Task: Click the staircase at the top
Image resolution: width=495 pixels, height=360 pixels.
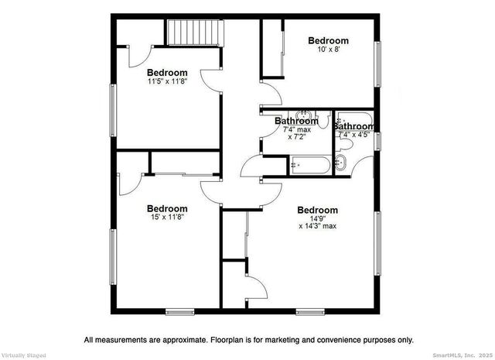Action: (193, 34)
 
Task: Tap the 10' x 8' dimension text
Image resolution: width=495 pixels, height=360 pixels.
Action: (328, 49)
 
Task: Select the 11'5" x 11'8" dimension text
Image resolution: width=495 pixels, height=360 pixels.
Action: (167, 81)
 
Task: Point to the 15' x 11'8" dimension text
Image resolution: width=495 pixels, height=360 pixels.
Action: (167, 217)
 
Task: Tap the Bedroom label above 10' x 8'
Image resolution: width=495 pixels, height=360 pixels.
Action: (328, 40)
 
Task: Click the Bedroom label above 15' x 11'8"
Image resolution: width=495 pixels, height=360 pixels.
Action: (167, 208)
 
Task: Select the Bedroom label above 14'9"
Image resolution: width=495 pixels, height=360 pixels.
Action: (317, 210)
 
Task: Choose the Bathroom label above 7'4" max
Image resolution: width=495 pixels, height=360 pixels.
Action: (297, 121)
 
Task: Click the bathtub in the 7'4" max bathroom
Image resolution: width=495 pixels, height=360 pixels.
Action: (309, 164)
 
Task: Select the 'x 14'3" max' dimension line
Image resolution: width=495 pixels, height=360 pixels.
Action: (317, 227)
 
